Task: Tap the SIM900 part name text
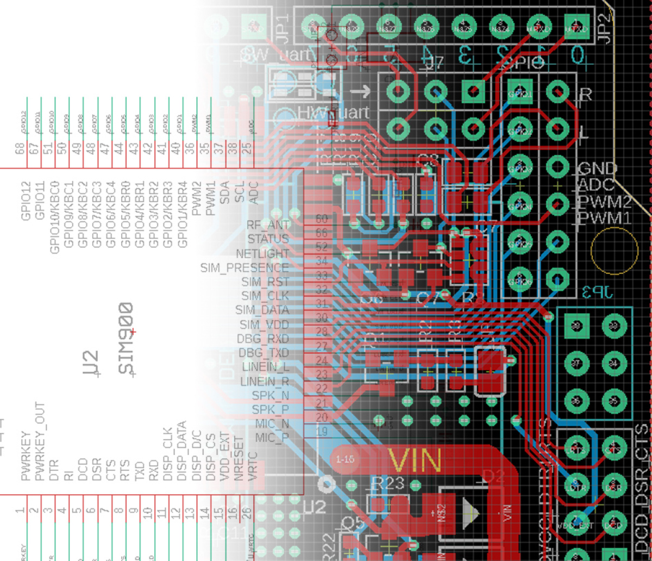126,338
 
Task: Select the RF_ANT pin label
268,225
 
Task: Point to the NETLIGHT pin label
262,253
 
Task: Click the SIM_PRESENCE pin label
244,268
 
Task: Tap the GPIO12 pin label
25,201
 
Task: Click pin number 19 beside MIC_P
322,432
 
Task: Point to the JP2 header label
607,24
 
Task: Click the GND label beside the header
598,169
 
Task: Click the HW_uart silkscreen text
334,113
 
